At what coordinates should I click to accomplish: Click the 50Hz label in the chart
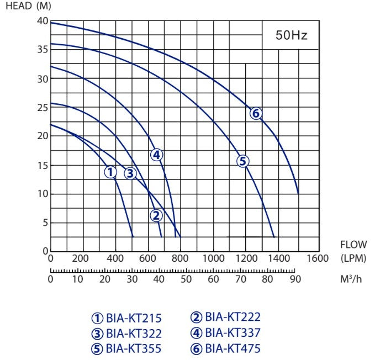click(x=291, y=36)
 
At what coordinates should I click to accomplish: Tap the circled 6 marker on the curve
click(x=255, y=114)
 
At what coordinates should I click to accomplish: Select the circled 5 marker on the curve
click(x=242, y=161)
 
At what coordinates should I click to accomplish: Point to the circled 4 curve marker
click(x=157, y=155)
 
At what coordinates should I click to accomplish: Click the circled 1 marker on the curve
click(x=110, y=173)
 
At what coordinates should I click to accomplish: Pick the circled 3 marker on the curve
click(x=130, y=173)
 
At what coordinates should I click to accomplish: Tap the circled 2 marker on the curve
click(x=156, y=215)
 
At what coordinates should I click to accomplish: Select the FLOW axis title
click(x=353, y=245)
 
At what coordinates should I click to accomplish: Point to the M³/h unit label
click(x=351, y=279)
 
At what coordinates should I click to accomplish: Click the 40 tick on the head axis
click(x=43, y=21)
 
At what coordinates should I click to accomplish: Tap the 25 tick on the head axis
click(x=43, y=107)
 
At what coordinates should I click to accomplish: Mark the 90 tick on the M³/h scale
click(x=295, y=279)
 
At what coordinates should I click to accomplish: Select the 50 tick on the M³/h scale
click(x=187, y=279)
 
